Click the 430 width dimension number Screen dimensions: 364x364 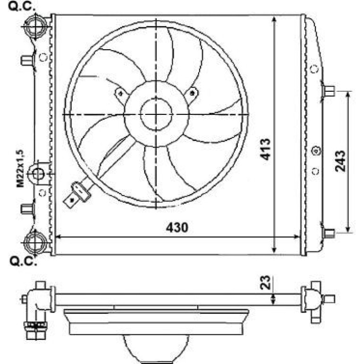tap(177, 227)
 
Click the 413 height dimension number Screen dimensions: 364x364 tap(265, 149)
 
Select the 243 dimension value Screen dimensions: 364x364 tap(340, 161)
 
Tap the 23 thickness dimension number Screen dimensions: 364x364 tap(266, 282)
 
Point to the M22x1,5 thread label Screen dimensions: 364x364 tap(20, 169)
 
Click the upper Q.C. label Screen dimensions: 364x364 tap(22, 7)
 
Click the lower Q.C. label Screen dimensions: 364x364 tap(23, 261)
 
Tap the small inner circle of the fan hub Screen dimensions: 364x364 tap(156, 114)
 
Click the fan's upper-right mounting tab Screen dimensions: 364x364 tap(191, 94)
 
